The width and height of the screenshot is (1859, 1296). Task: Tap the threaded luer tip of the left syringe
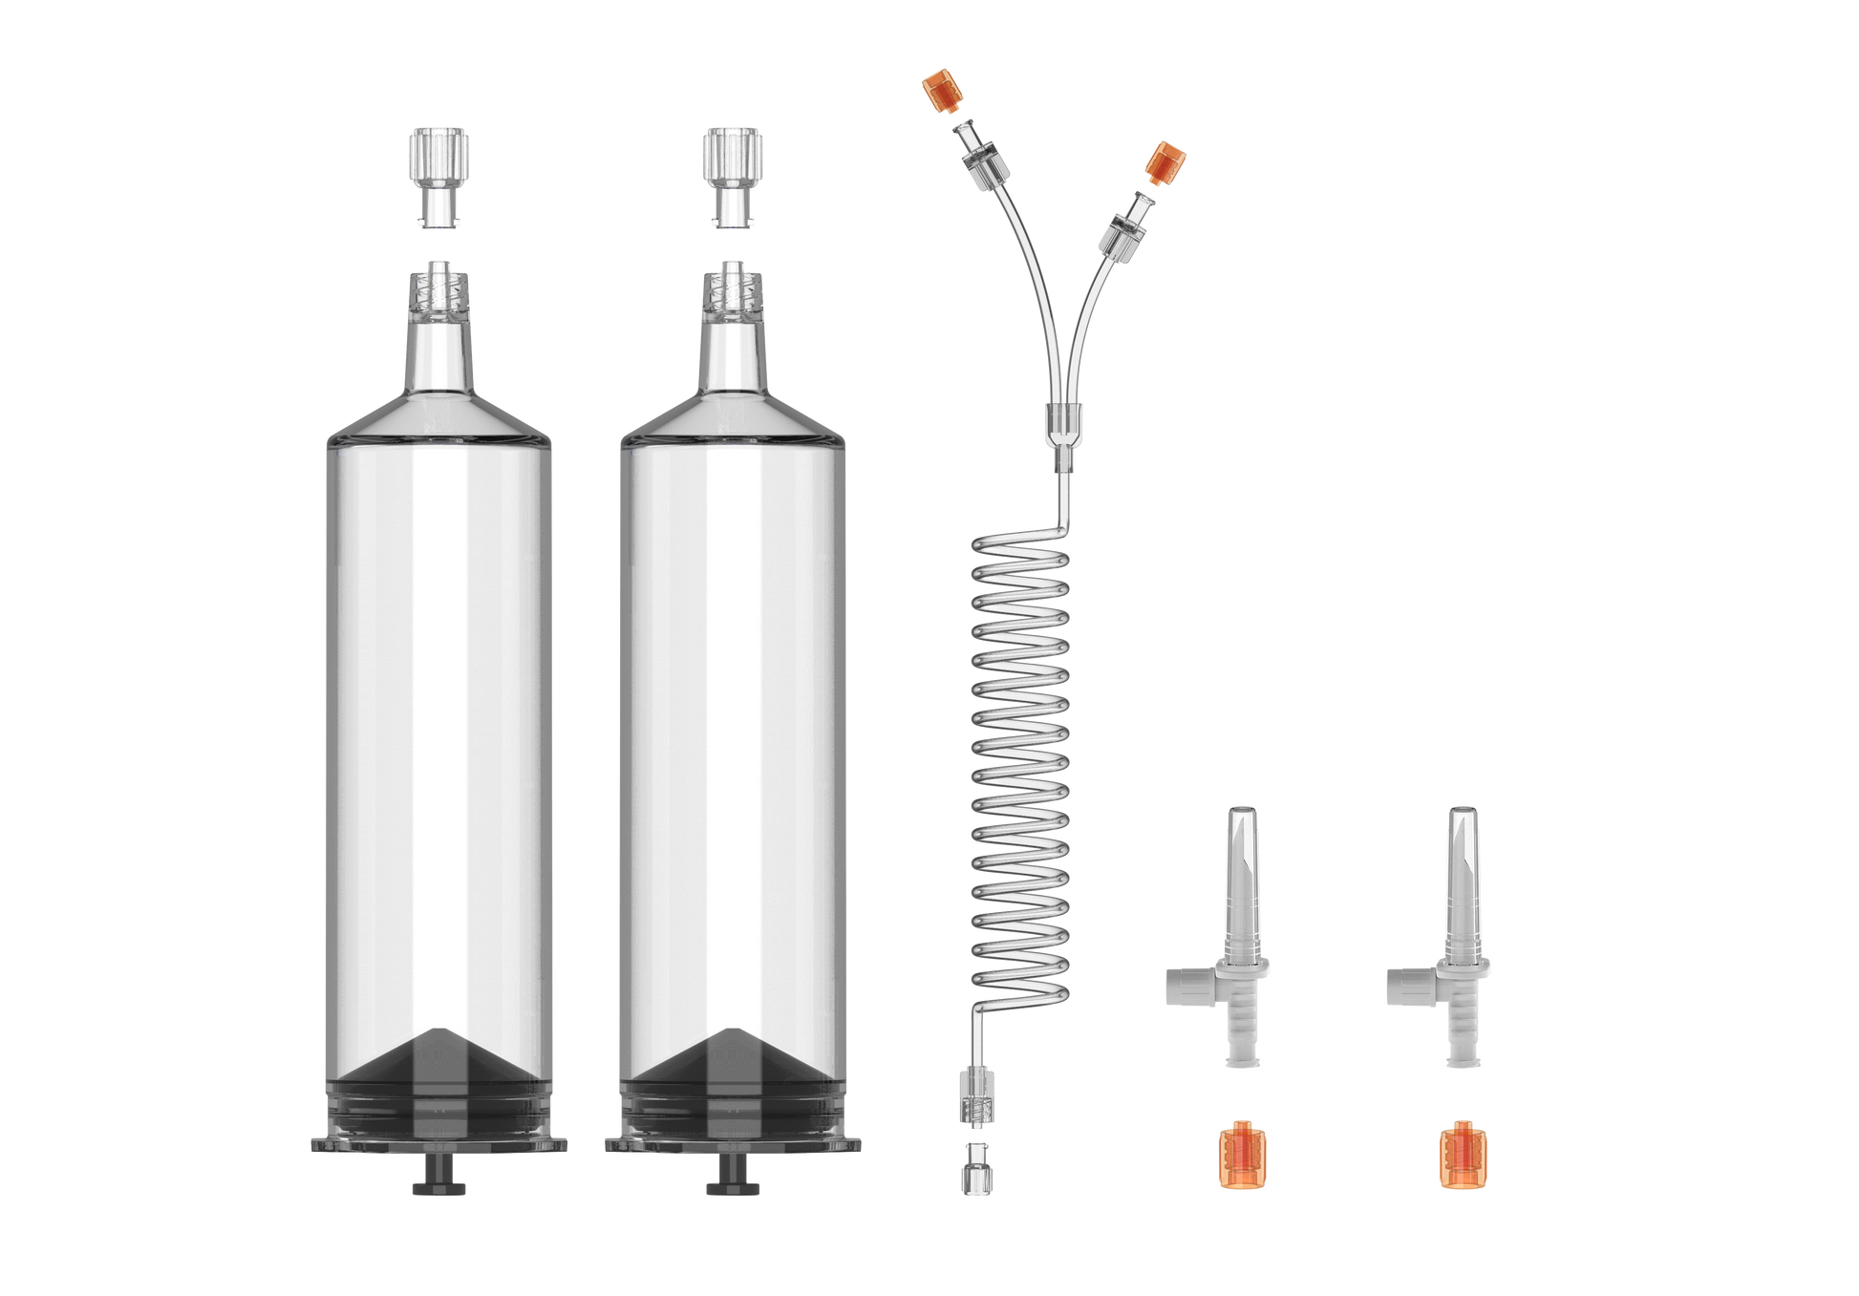439,291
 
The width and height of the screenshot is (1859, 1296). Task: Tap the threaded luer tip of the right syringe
733,291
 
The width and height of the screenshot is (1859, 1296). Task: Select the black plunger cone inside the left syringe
439,1060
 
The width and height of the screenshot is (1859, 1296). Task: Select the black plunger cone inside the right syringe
733,1060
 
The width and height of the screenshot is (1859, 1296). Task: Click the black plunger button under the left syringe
439,1187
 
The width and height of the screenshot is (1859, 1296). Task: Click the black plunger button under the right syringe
733,1187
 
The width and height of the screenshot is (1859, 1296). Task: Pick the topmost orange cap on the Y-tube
940,91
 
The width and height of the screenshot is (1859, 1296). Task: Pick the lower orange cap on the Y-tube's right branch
1165,162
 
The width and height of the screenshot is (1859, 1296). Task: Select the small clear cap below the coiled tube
974,1167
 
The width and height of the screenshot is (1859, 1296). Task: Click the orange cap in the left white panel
1242,1156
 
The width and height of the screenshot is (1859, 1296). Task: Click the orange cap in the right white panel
1464,1156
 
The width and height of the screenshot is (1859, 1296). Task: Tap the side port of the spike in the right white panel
1406,984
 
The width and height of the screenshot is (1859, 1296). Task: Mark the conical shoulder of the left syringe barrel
439,415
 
